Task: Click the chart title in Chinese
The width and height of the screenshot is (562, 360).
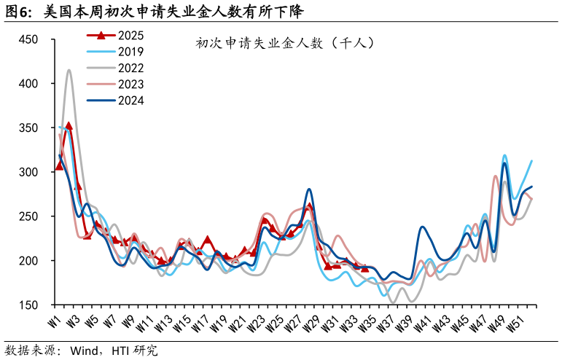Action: click(x=285, y=43)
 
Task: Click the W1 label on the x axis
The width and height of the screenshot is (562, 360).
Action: click(x=54, y=321)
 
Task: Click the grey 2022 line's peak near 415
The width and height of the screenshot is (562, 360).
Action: click(x=69, y=70)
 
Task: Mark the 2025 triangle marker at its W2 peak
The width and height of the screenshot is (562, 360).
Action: click(x=69, y=126)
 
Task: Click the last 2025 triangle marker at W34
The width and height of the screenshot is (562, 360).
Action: click(x=365, y=269)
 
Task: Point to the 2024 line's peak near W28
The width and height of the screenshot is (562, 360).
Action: click(x=309, y=189)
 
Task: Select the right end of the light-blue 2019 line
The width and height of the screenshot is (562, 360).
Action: click(x=531, y=161)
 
